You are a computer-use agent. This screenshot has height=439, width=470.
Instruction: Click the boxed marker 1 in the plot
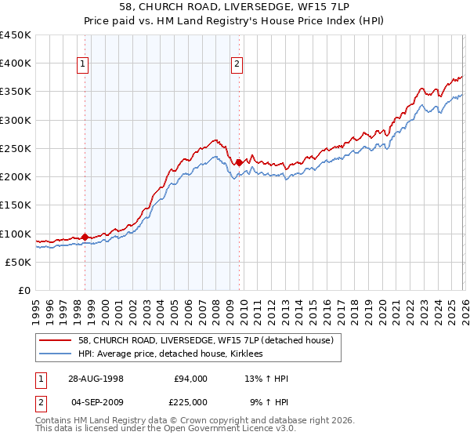tap(84, 65)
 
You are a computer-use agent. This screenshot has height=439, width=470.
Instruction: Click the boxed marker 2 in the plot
tap(237, 65)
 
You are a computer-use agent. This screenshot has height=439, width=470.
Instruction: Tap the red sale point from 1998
tap(85, 236)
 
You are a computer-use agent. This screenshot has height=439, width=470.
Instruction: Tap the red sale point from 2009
tap(238, 162)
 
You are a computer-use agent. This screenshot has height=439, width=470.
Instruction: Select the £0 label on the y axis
tap(24, 290)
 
